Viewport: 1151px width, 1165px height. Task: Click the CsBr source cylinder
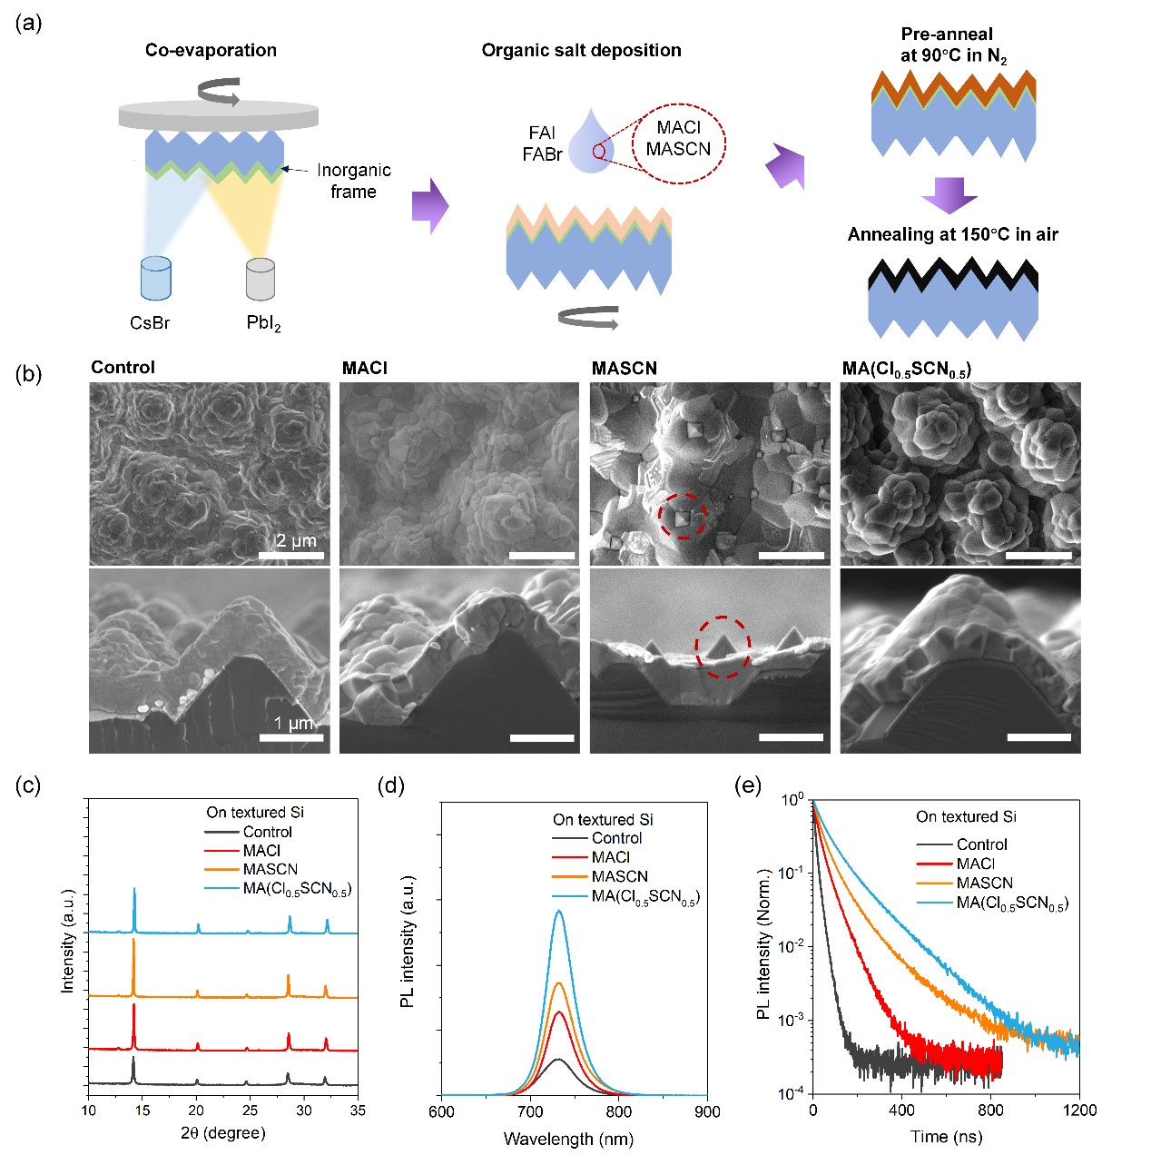click(156, 278)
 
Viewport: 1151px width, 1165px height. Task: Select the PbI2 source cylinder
click(261, 280)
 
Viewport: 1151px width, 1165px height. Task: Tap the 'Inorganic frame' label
click(353, 181)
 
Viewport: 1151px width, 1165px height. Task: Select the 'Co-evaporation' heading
click(211, 50)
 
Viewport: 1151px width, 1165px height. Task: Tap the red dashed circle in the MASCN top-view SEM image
click(683, 517)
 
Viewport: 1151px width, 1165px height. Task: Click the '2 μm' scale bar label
click(296, 540)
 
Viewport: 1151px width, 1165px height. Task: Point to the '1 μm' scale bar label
click(294, 723)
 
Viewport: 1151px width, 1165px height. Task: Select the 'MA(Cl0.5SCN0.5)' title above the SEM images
click(907, 368)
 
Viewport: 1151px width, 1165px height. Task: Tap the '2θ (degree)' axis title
click(222, 1132)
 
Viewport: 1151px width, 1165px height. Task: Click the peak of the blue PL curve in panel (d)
click(559, 911)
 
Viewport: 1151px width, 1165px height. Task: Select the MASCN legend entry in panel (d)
click(619, 876)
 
